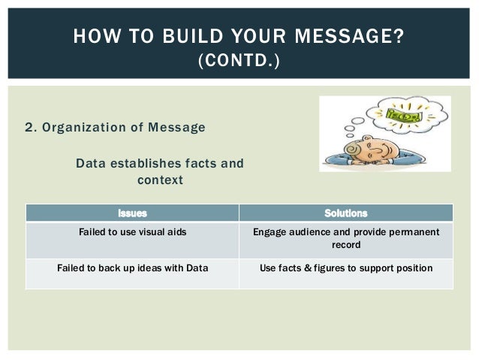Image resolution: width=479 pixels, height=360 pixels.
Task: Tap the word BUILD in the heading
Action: coord(184,35)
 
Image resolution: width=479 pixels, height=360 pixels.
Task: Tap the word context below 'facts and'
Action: coord(159,180)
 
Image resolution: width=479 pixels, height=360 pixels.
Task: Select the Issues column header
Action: coord(132,213)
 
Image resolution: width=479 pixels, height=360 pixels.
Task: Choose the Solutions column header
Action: coord(345,213)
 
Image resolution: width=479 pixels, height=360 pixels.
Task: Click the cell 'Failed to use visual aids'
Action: coord(132,232)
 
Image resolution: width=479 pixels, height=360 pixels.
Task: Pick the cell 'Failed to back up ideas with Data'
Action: coord(132,267)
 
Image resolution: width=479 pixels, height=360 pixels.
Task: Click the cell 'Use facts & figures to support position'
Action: coord(345,267)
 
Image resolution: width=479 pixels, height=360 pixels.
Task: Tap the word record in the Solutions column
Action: coord(345,245)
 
